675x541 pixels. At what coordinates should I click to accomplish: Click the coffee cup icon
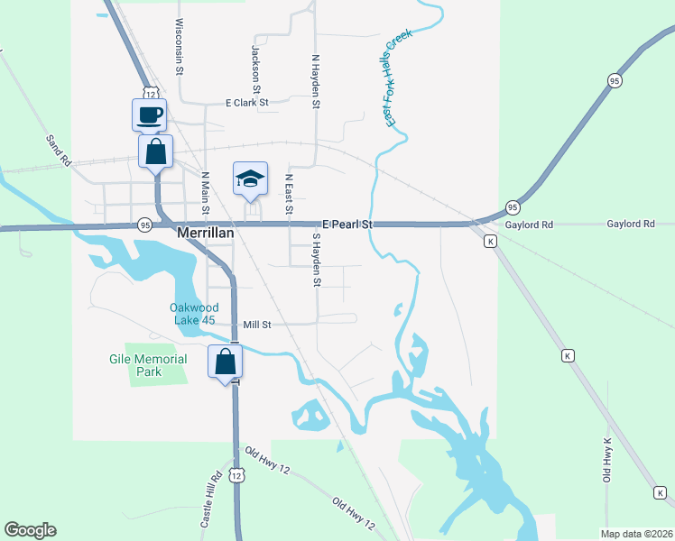click(150, 115)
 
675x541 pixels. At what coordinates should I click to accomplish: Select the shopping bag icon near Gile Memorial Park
click(225, 362)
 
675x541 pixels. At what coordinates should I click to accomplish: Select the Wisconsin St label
click(180, 45)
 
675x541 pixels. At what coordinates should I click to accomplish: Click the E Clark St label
click(247, 103)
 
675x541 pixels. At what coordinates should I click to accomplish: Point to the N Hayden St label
click(317, 80)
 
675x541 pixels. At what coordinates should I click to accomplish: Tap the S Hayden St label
click(317, 260)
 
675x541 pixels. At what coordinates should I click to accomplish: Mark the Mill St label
click(257, 324)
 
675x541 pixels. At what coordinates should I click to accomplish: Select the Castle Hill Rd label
click(210, 501)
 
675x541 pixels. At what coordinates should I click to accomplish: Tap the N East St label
click(289, 194)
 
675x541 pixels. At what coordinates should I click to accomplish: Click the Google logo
click(31, 529)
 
